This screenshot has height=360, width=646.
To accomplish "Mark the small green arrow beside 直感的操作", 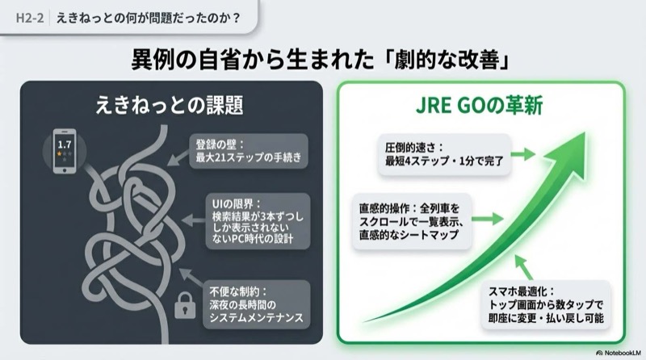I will coord(487,218).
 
